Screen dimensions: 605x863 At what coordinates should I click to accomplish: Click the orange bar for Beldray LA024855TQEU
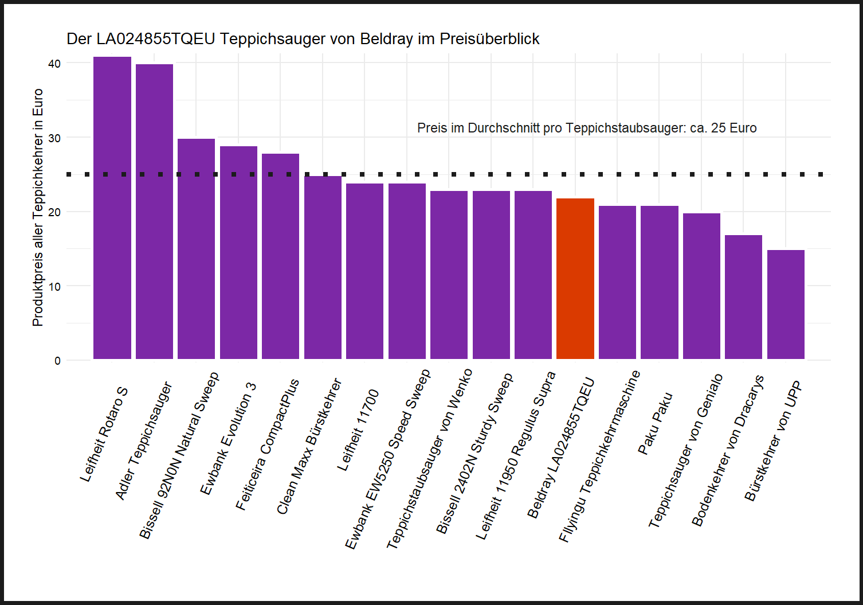(575, 279)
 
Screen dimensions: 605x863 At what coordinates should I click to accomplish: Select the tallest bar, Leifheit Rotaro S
(112, 208)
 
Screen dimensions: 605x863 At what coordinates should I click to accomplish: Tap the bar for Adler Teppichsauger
(154, 212)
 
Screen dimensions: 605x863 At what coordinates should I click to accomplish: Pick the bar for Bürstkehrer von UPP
(786, 305)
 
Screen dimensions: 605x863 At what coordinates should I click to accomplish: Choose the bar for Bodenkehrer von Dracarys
(743, 297)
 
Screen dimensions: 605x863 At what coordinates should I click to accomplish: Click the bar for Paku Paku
(659, 282)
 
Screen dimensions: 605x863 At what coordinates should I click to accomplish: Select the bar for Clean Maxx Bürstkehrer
(323, 267)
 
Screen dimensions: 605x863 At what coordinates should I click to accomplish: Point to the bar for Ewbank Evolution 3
(238, 252)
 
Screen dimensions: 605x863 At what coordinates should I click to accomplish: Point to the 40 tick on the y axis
(54, 64)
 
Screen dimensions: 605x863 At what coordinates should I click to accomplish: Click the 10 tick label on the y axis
(54, 286)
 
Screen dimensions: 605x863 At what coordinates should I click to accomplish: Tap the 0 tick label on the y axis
(57, 361)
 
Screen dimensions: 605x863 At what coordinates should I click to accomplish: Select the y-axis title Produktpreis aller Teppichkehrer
(38, 208)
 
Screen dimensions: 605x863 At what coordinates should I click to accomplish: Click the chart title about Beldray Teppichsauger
(303, 39)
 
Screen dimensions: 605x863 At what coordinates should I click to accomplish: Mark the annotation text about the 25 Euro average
(586, 128)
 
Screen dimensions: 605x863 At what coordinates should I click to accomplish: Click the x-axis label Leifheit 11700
(358, 430)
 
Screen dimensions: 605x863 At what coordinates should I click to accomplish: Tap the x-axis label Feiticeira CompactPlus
(268, 444)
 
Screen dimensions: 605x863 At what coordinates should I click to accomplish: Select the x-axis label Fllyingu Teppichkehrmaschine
(599, 456)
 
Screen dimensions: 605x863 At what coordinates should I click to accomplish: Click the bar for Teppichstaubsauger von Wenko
(449, 275)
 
